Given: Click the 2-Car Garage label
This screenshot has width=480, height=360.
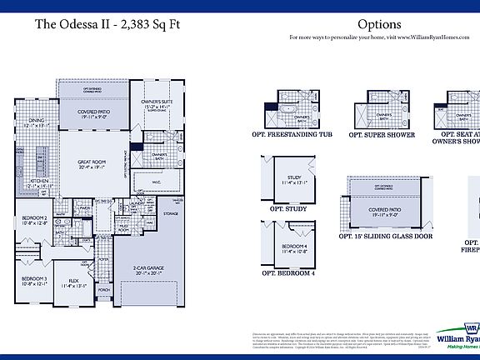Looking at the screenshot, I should tap(147, 268).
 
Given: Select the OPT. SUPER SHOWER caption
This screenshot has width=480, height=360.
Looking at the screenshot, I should tap(382, 134).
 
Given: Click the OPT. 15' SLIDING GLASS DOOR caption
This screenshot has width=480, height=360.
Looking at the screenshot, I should tap(386, 236).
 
